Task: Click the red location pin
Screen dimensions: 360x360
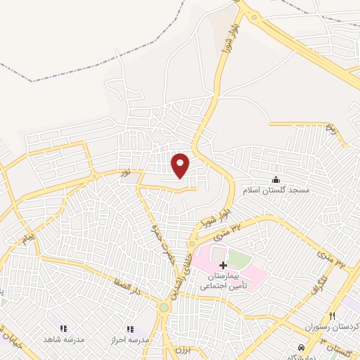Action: (181, 164)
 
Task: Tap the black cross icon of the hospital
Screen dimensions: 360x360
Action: (224, 265)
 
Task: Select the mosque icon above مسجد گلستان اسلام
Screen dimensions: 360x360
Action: (276, 179)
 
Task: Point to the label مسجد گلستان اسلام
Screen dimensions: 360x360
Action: (276, 191)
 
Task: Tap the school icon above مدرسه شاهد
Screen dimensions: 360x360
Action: (63, 328)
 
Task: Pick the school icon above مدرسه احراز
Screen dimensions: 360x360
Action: (129, 328)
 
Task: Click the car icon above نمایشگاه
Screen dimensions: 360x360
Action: (302, 347)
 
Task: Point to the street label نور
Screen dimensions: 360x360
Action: (124, 172)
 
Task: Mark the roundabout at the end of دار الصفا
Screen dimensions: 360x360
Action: (164, 307)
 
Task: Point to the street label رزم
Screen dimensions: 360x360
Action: (330, 129)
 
